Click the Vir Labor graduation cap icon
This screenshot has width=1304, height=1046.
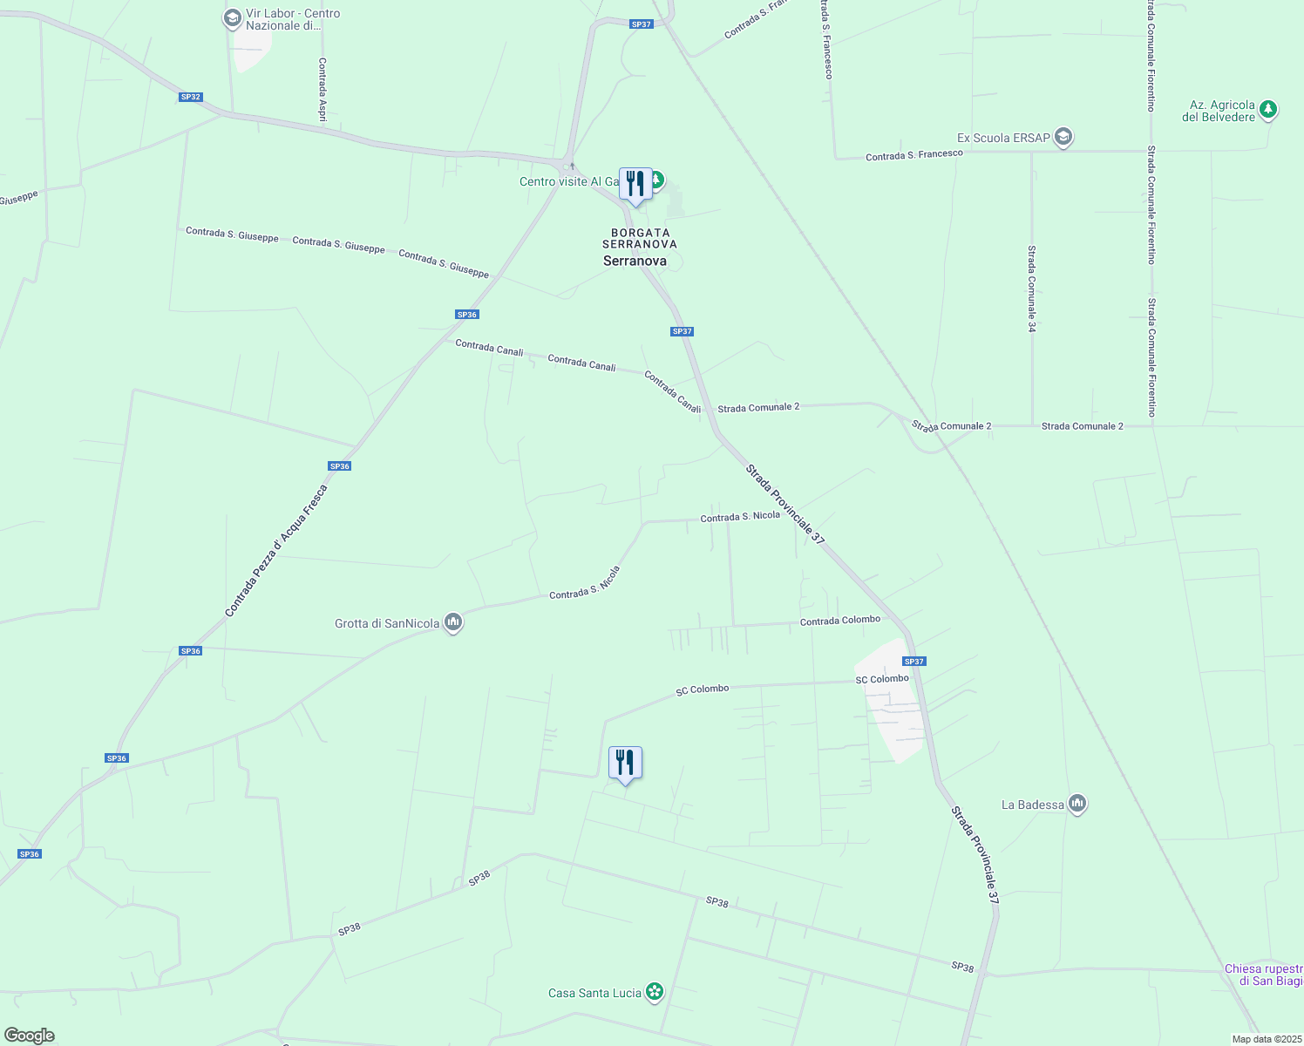[232, 17]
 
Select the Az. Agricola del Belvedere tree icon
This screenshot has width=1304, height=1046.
[1268, 110]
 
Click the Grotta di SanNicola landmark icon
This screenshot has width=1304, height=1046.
[452, 622]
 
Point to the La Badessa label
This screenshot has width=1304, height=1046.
[1032, 805]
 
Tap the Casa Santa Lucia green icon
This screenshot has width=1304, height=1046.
[655, 992]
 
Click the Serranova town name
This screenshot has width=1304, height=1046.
[635, 261]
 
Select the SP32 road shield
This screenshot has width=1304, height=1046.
[191, 97]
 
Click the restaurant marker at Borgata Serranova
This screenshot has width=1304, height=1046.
[635, 184]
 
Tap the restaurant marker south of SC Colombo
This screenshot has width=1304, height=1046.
[625, 763]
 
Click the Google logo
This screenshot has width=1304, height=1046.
[29, 1036]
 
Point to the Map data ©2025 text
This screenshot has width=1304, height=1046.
[1266, 1039]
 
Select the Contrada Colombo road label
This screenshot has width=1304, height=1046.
[840, 621]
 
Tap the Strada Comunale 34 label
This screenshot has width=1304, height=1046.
[1031, 289]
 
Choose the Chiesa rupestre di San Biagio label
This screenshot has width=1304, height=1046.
[1263, 975]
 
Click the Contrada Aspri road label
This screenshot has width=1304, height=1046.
[323, 88]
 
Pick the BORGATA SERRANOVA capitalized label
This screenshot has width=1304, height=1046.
[640, 238]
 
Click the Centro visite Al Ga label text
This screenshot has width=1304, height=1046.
[568, 181]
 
